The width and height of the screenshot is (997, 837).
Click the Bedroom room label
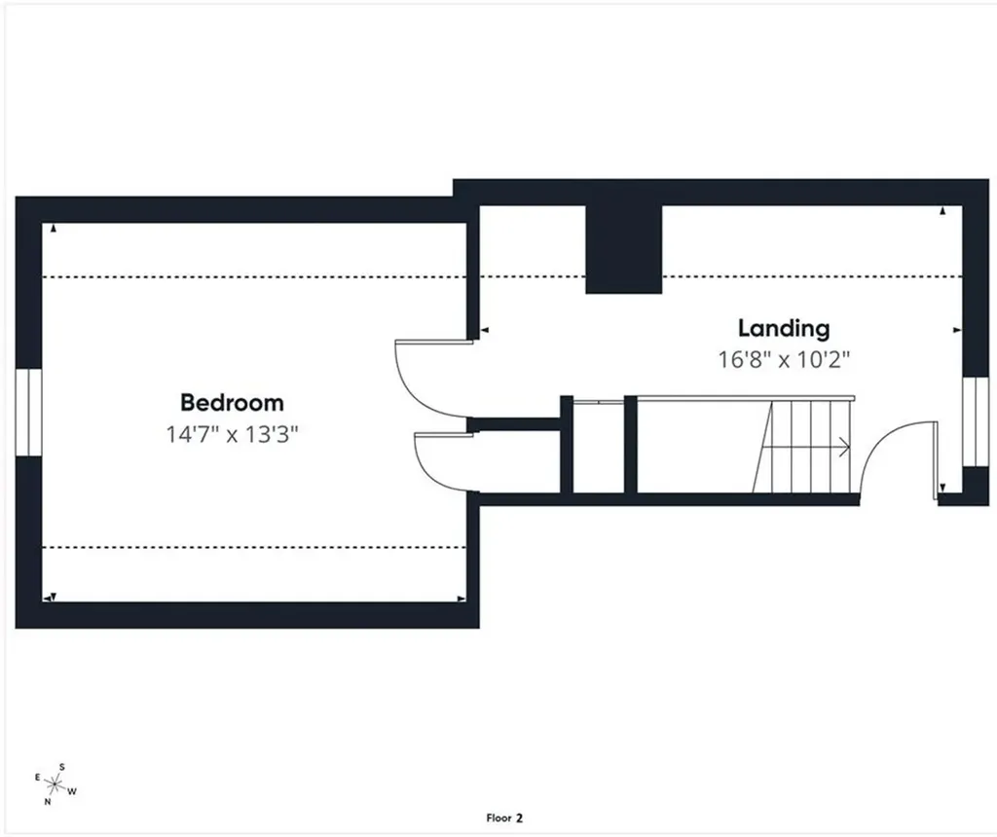pos(232,402)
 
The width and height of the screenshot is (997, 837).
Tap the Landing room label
pos(784,329)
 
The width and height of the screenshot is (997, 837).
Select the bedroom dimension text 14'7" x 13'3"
pos(232,435)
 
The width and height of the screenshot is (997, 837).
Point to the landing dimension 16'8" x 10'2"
pos(784,360)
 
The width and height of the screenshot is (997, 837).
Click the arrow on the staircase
pos(805,448)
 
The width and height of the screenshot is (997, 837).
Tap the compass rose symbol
pos(55,785)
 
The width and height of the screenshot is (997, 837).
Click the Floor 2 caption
pos(504,818)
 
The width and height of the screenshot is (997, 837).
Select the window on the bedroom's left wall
pos(28,412)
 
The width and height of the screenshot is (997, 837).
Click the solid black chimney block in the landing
pos(624,249)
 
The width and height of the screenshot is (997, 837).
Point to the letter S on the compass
pos(61,767)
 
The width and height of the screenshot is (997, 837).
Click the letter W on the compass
pos(72,791)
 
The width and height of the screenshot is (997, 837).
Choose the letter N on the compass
pos(47,802)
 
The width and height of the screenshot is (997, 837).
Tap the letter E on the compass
pos(38,778)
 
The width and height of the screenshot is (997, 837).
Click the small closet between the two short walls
pos(599,448)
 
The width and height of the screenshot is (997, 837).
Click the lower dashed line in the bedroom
pos(254,547)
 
